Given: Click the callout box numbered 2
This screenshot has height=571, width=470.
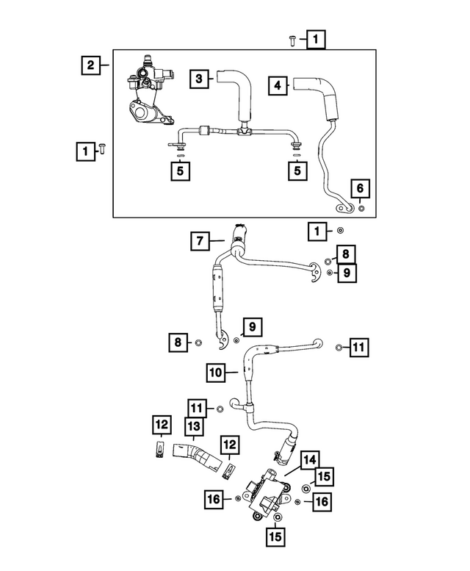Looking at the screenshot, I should [90, 66].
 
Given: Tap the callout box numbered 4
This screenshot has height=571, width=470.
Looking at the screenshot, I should [277, 86].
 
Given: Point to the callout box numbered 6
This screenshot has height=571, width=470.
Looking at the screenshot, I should [360, 189].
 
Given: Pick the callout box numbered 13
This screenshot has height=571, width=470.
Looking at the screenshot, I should [193, 425].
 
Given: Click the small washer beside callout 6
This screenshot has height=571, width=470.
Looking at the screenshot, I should [361, 209].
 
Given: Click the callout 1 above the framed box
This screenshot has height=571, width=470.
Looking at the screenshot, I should [314, 38].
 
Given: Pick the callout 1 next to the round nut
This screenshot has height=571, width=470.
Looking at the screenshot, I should [317, 232].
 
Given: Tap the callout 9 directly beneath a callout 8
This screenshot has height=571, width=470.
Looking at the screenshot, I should [346, 273].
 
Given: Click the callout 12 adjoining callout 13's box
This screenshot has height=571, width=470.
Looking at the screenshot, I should [161, 425].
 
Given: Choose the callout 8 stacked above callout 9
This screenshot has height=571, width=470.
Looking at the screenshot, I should [346, 254].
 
